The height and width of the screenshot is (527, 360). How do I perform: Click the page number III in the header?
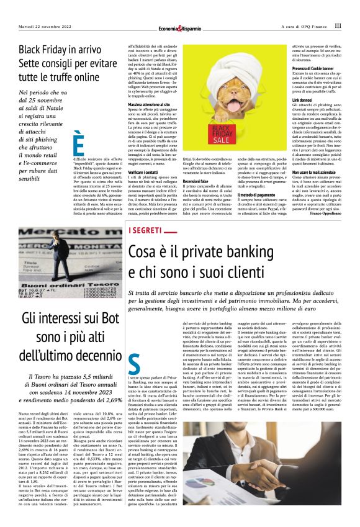[x=338, y=26]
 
